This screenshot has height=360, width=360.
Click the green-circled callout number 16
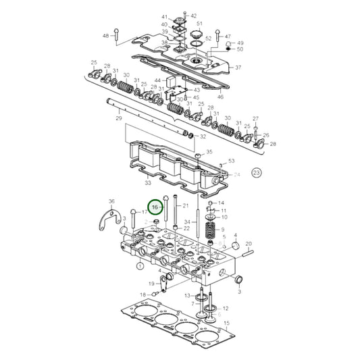(x=155, y=207)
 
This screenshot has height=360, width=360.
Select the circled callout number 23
(x=256, y=173)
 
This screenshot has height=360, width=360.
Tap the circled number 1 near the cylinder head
(x=140, y=266)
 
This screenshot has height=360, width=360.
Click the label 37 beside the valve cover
(x=238, y=68)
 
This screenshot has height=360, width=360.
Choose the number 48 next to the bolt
(x=105, y=35)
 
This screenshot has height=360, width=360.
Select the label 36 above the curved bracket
(x=112, y=201)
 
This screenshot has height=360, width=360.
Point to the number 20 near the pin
(x=248, y=243)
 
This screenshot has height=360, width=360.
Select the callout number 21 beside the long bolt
(x=186, y=205)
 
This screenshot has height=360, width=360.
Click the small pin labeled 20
(x=246, y=254)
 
